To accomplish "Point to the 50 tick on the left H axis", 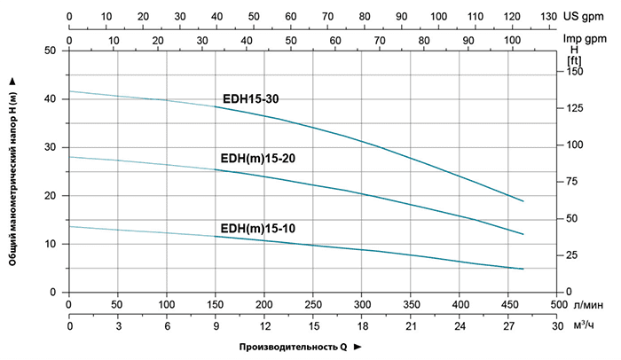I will (x=56, y=51).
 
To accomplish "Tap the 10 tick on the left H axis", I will (x=56, y=244).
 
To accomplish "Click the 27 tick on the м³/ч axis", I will (x=508, y=325).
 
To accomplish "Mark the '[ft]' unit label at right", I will (x=575, y=59).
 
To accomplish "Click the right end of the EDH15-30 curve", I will (x=523, y=201).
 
